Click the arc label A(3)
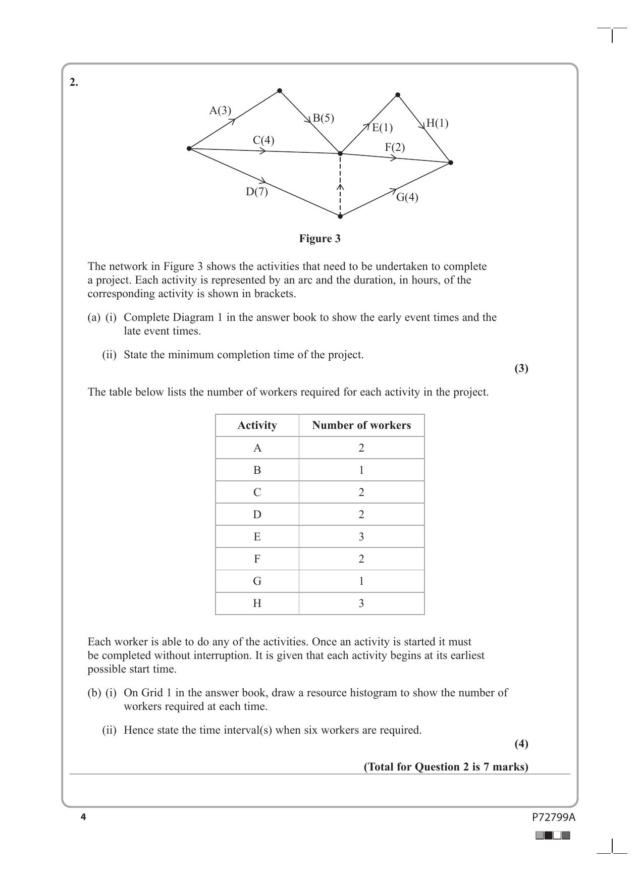pyautogui.click(x=220, y=110)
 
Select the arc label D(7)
pyautogui.click(x=257, y=192)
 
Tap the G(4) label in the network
pyautogui.click(x=407, y=197)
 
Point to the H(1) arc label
pyautogui.click(x=437, y=123)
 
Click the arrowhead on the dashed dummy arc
pyautogui.click(x=340, y=187)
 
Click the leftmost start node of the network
pyautogui.click(x=189, y=148)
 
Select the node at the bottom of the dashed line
pyautogui.click(x=340, y=216)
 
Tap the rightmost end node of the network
pyautogui.click(x=451, y=162)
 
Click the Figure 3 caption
pyautogui.click(x=319, y=239)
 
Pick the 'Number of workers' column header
pyautogui.click(x=361, y=425)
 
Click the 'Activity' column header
pyautogui.click(x=257, y=425)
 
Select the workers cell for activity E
pyautogui.click(x=361, y=537)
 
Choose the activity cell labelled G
pyautogui.click(x=257, y=581)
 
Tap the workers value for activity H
pyautogui.click(x=361, y=603)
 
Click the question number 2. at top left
pyautogui.click(x=74, y=83)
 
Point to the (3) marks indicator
pyautogui.click(x=521, y=368)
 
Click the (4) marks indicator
pyautogui.click(x=521, y=743)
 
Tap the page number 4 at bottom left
pyautogui.click(x=83, y=817)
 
